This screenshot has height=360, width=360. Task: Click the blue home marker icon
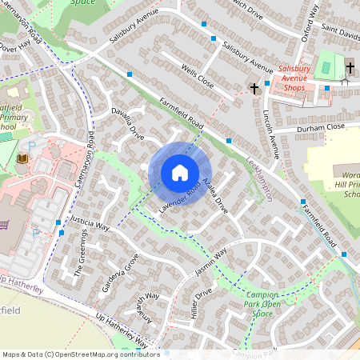tap(180, 173)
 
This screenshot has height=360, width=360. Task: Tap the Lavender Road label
tap(177, 198)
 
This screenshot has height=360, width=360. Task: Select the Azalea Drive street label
tap(216, 197)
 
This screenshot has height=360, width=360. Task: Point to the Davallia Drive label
tap(127, 123)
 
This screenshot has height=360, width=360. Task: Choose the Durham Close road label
tap(319, 126)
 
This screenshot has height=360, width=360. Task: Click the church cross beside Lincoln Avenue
tap(254, 87)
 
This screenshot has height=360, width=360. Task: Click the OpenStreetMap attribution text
tap(80, 354)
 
